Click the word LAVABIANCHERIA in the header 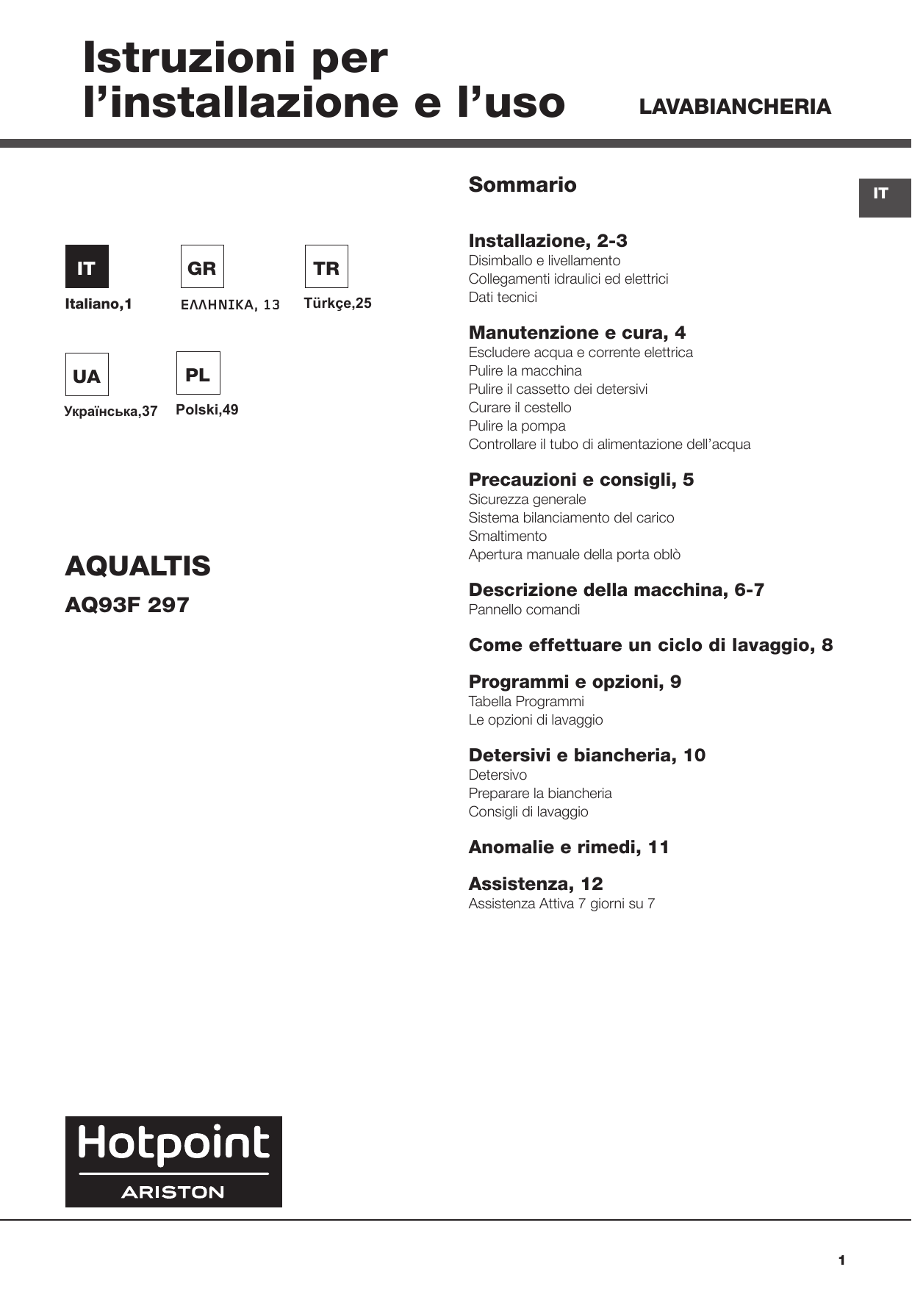(735, 107)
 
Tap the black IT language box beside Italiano (87, 267)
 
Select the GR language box (202, 267)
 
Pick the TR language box (326, 267)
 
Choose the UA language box (87, 375)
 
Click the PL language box (198, 373)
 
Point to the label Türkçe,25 (337, 304)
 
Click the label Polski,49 (207, 410)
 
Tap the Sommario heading (523, 184)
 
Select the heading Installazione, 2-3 (547, 241)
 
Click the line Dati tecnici (503, 298)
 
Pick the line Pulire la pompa (517, 426)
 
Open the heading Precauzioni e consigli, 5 (581, 480)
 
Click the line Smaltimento (507, 536)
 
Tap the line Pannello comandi (524, 610)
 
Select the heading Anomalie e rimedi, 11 (569, 847)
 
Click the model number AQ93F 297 (127, 605)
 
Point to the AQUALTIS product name (137, 566)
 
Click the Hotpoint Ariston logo (173, 1162)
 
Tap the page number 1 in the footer (841, 1260)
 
